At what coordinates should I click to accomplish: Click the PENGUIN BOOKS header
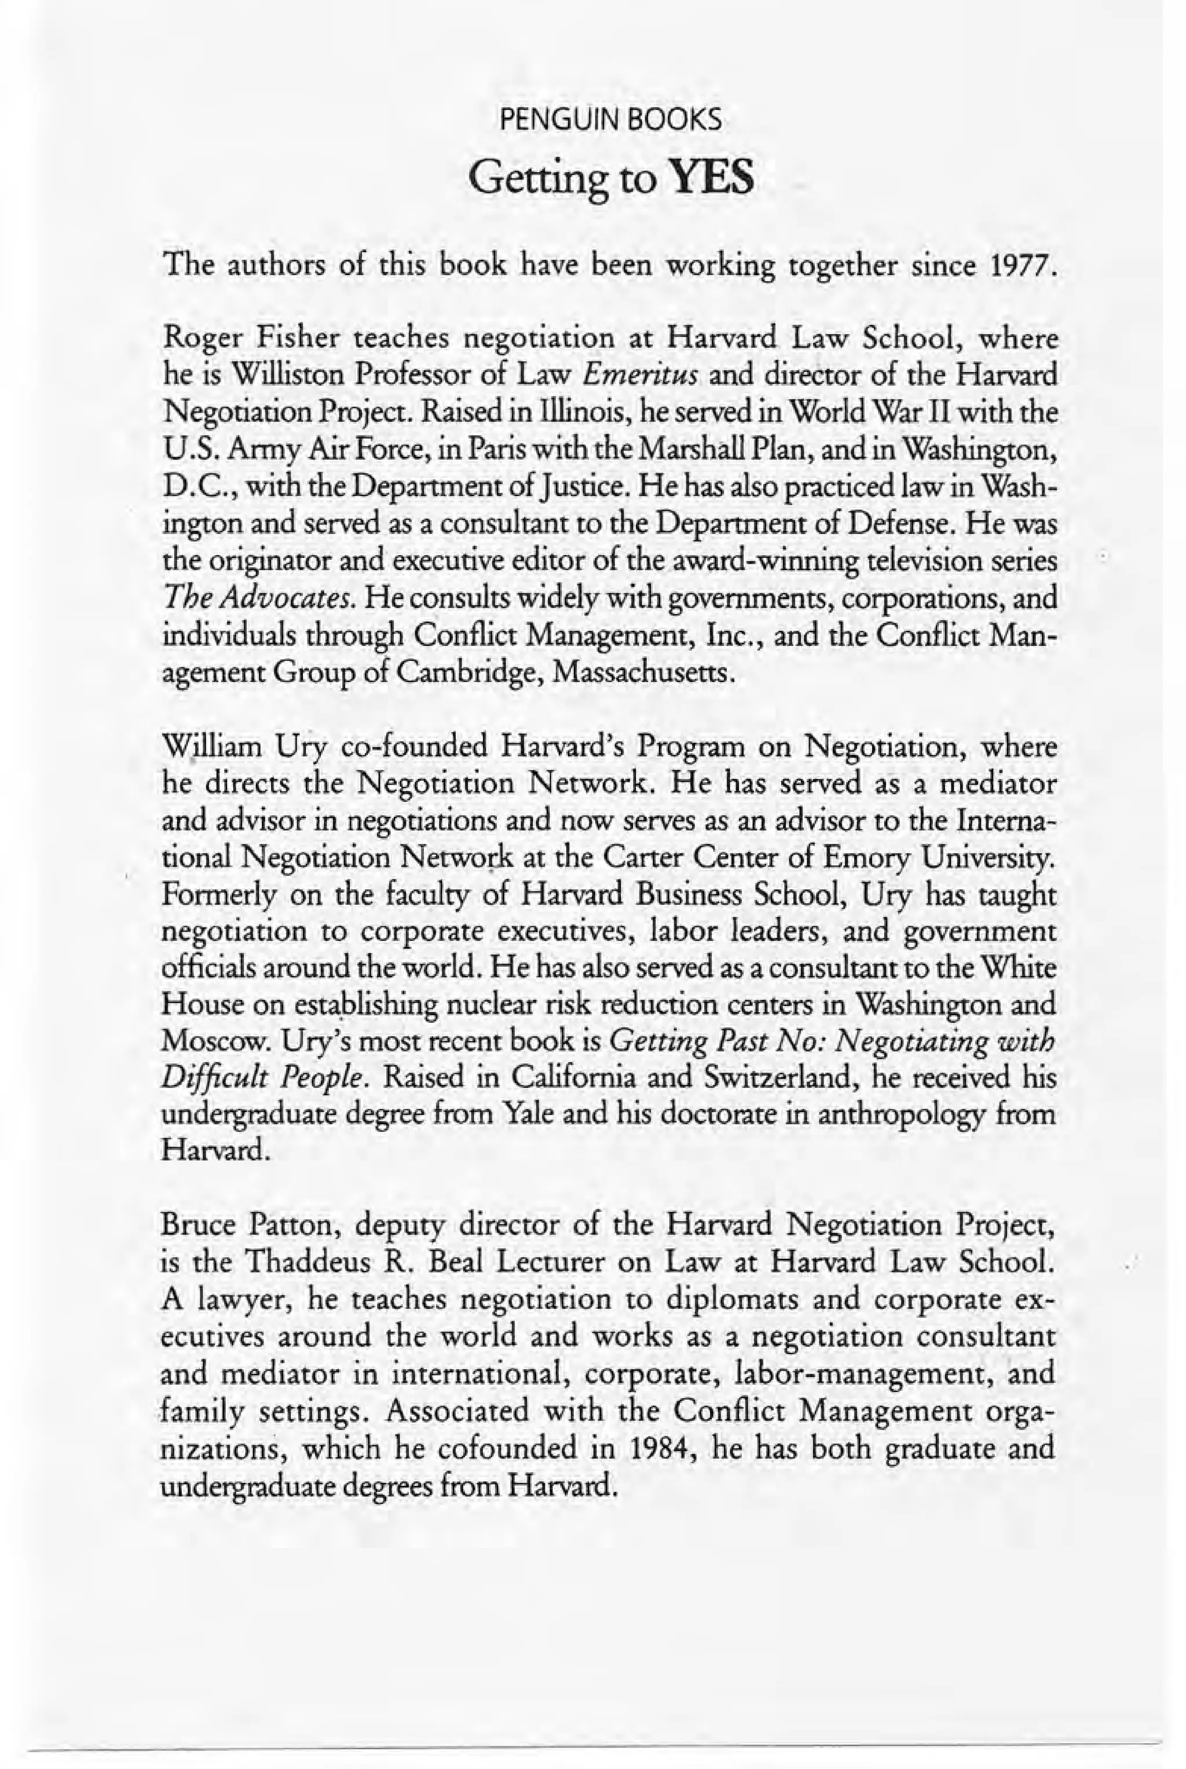(x=611, y=120)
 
